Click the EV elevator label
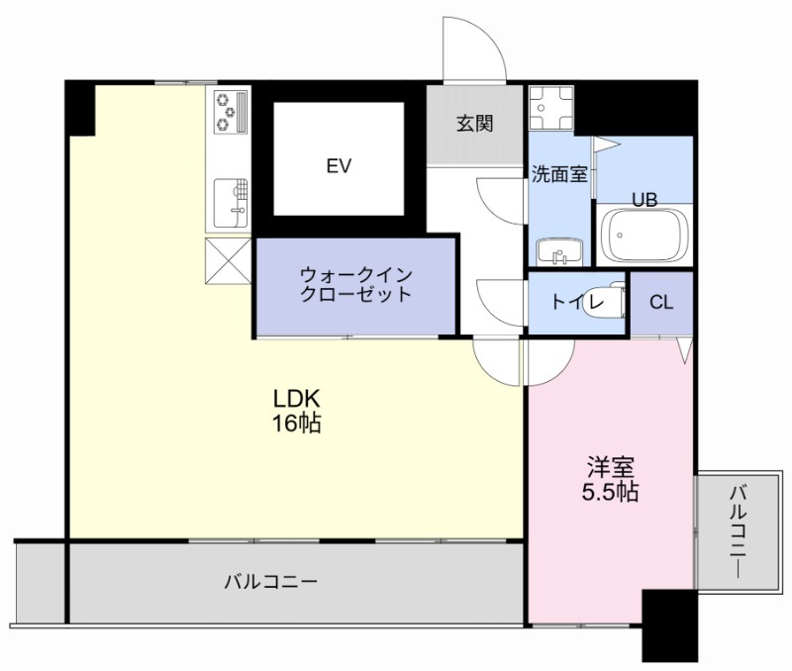pyautogui.click(x=339, y=165)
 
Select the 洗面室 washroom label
pyautogui.click(x=559, y=174)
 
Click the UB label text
pyautogui.click(x=645, y=199)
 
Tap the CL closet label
pyautogui.click(x=660, y=303)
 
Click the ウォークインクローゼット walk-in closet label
pyautogui.click(x=355, y=285)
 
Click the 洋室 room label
pyautogui.click(x=609, y=465)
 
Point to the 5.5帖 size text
pyautogui.click(x=609, y=492)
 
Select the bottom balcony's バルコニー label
pyautogui.click(x=270, y=581)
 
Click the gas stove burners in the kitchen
pyautogui.click(x=230, y=111)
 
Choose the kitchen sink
pyautogui.click(x=230, y=199)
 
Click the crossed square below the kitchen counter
pyautogui.click(x=229, y=260)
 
